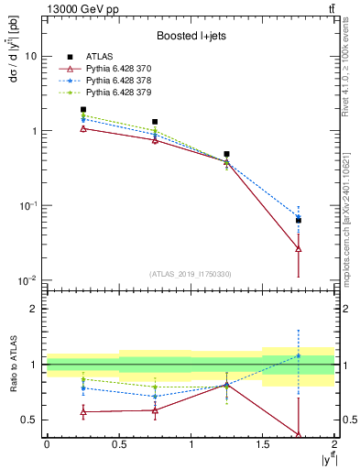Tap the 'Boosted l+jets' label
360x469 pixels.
coord(191,37)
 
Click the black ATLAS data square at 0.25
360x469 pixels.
coord(82,109)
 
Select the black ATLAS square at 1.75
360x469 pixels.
coord(299,221)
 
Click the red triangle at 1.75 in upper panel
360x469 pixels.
coord(299,248)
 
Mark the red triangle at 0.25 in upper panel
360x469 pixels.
coord(82,128)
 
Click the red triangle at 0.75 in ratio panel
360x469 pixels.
coord(155,409)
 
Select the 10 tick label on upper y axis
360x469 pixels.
coord(30,56)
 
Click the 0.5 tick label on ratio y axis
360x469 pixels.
coord(29,420)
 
